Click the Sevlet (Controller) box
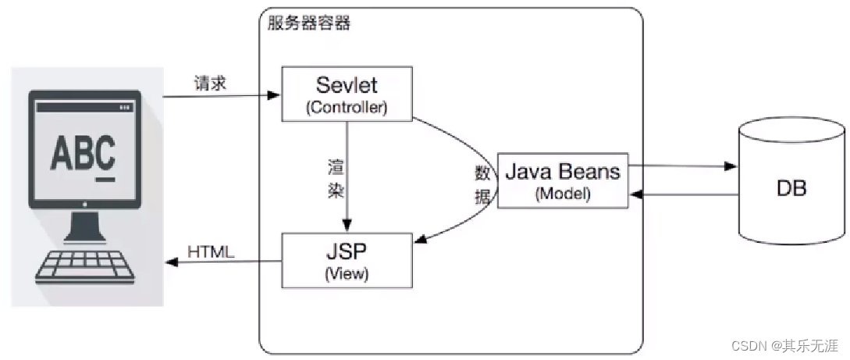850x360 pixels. pos(347,94)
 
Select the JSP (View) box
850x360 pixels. pos(346,261)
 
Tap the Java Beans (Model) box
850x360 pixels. pos(562,180)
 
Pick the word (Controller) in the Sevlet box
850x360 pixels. pos(347,108)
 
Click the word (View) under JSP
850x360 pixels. pos(346,274)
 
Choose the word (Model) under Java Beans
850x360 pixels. pos(562,194)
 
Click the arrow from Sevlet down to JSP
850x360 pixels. pos(347,176)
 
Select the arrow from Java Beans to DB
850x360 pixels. pos(683,166)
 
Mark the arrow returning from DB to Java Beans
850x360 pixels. pos(683,196)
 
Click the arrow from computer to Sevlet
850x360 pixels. pos(222,96)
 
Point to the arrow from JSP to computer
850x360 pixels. pos(222,262)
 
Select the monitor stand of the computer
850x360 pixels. pos(85,226)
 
